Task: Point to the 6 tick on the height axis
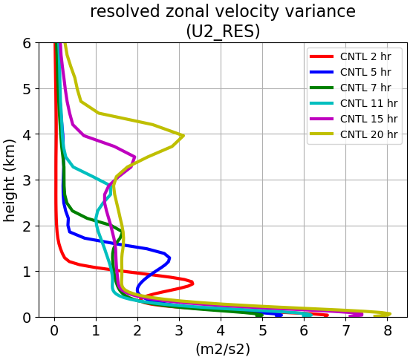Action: (x=27, y=43)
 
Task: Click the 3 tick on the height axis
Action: (x=27, y=180)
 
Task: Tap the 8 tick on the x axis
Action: (x=388, y=331)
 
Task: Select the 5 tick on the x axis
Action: (x=262, y=331)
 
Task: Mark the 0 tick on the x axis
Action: (x=54, y=331)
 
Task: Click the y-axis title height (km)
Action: (x=10, y=181)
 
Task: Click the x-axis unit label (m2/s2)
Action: (x=223, y=349)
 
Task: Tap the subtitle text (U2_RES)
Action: (x=223, y=31)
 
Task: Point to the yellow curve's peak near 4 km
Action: (x=183, y=136)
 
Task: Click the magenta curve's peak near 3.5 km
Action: (x=134, y=157)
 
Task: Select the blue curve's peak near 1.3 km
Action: (x=170, y=258)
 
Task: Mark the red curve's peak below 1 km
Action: (x=192, y=283)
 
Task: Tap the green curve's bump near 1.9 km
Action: (x=121, y=232)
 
